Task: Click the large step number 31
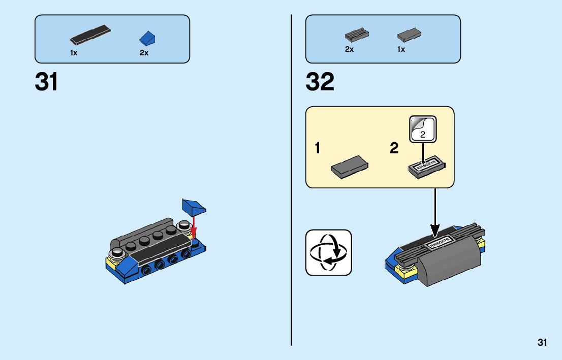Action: pyautogui.click(x=46, y=82)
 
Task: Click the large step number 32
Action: pyautogui.click(x=320, y=82)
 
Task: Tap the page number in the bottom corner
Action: pyautogui.click(x=542, y=343)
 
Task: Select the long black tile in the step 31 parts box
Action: pyautogui.click(x=90, y=35)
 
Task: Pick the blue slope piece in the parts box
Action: pyautogui.click(x=148, y=38)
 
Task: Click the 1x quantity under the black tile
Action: pyautogui.click(x=74, y=53)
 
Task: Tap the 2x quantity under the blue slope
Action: pyautogui.click(x=144, y=53)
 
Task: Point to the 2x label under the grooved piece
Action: pyautogui.click(x=349, y=49)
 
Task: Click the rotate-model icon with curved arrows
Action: pyautogui.click(x=328, y=252)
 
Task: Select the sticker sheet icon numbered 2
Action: pyautogui.click(x=423, y=129)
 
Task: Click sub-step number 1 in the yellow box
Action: pyautogui.click(x=318, y=149)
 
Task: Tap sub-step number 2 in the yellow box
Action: pyautogui.click(x=394, y=149)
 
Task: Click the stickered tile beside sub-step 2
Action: pyautogui.click(x=427, y=168)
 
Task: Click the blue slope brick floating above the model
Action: pyautogui.click(x=194, y=207)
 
